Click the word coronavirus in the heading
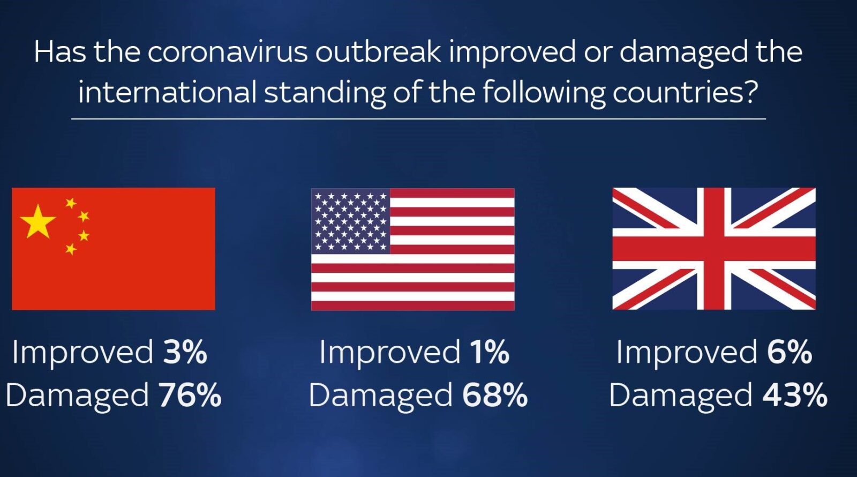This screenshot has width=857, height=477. (x=227, y=51)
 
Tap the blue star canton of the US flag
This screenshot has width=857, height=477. (x=350, y=221)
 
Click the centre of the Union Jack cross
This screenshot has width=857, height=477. (x=714, y=249)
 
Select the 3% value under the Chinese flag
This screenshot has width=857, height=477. (x=185, y=352)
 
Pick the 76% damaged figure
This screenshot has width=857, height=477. (x=190, y=395)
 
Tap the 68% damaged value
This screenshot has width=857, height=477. (x=495, y=395)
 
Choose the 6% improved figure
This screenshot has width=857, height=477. (x=790, y=352)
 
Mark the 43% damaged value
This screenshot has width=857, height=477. (x=795, y=395)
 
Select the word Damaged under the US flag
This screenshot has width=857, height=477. (x=381, y=396)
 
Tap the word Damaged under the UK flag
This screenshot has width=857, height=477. (x=681, y=396)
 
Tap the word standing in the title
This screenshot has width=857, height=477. (x=325, y=93)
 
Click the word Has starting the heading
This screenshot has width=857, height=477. (x=60, y=51)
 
